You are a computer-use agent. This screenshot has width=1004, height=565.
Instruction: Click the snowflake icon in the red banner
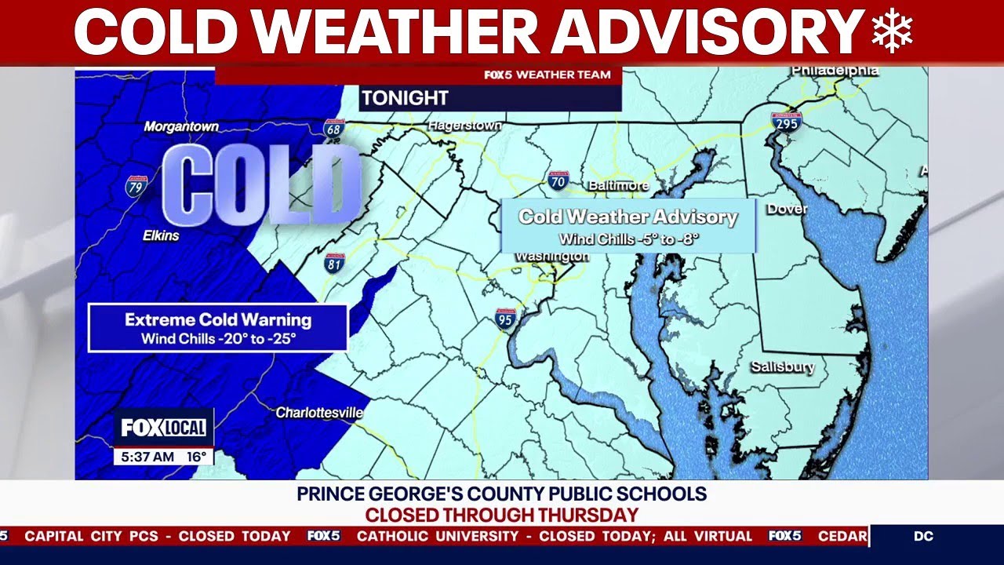tap(892, 33)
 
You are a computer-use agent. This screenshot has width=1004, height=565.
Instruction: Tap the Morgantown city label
tap(181, 126)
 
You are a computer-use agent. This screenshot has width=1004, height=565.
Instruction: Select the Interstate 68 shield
tap(333, 129)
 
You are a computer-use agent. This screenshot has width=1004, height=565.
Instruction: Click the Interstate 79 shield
tap(136, 186)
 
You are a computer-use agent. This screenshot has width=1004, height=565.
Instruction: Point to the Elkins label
tap(161, 235)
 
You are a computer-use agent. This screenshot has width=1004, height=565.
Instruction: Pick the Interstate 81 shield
tap(335, 263)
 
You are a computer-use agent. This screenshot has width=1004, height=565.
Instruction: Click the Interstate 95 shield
tap(506, 319)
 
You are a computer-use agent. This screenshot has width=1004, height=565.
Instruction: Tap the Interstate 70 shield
tap(558, 182)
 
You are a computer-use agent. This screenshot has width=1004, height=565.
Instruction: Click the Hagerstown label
tap(464, 126)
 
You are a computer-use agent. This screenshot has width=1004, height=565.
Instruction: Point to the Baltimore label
tap(618, 186)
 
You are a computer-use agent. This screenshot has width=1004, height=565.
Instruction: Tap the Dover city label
tap(787, 210)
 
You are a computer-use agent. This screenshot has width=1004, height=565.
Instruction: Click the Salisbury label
tap(782, 366)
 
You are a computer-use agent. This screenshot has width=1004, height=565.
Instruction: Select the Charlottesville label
tap(319, 412)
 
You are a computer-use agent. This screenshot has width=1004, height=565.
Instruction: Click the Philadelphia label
tap(835, 71)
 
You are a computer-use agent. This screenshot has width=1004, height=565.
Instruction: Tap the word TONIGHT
tap(405, 98)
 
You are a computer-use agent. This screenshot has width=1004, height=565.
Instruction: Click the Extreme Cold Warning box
tap(218, 328)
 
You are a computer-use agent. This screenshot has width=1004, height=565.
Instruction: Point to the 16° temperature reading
tap(196, 456)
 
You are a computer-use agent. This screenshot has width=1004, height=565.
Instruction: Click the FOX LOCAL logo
tap(163, 428)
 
